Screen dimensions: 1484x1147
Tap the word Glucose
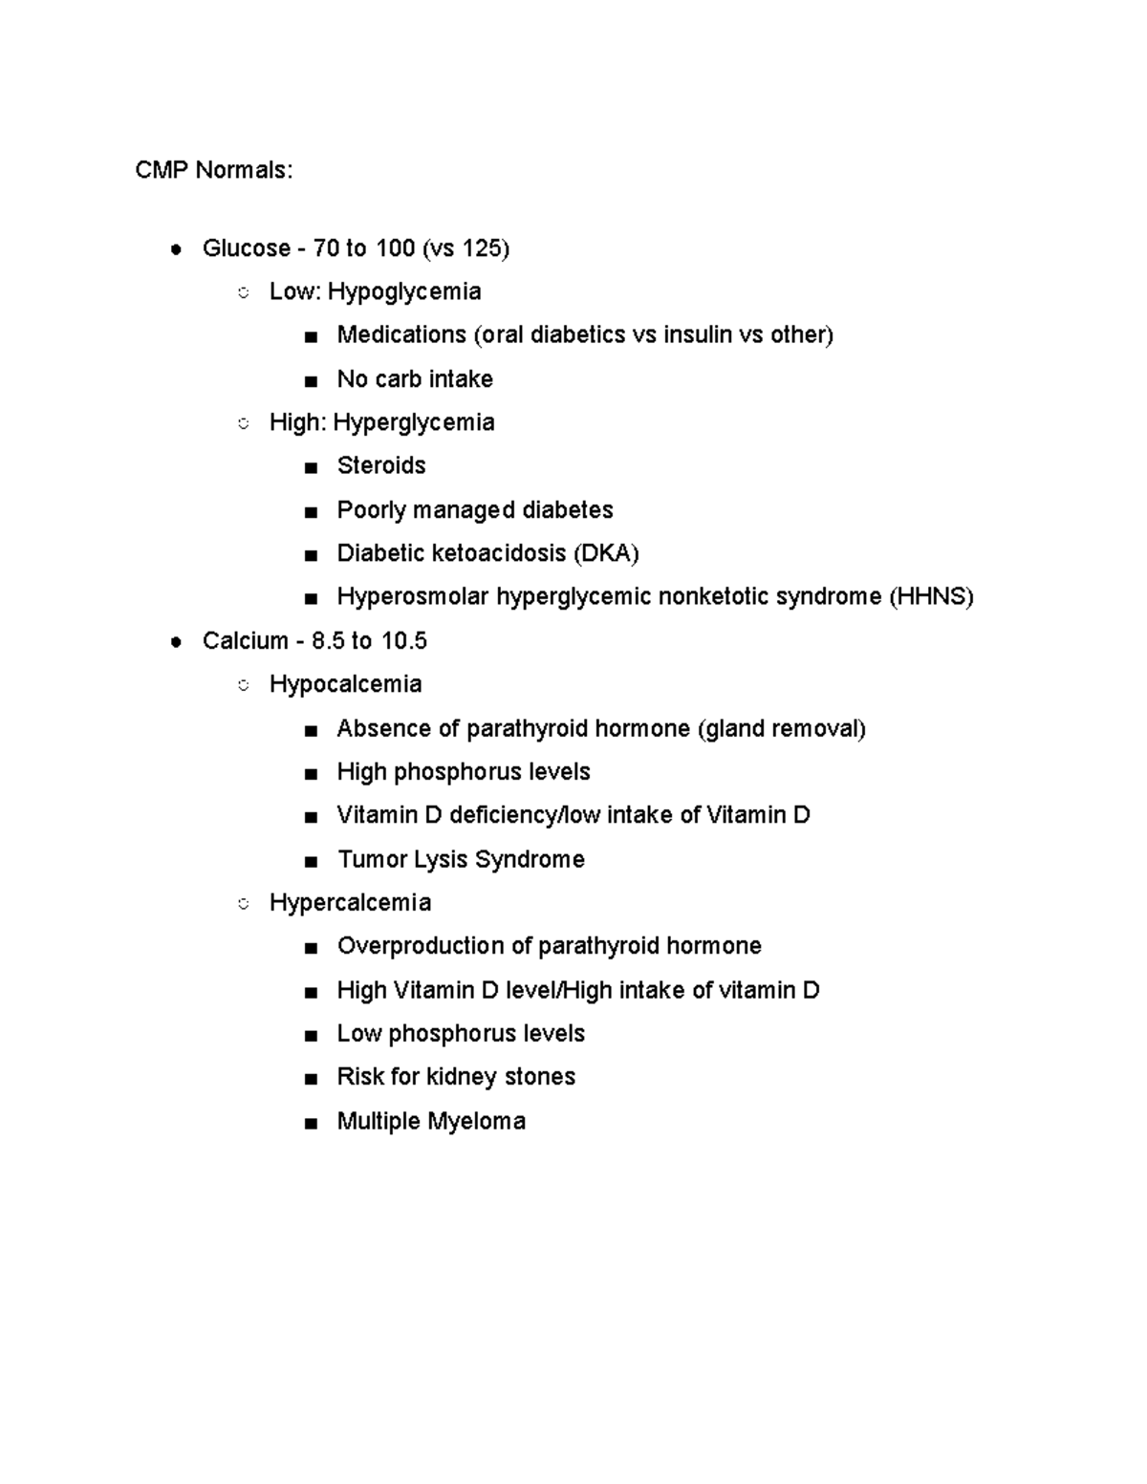click(x=246, y=248)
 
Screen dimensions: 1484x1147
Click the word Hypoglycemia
click(x=404, y=291)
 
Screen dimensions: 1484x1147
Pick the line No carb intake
click(x=415, y=379)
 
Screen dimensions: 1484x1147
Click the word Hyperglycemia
click(x=413, y=422)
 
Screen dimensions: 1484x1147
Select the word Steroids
click(x=381, y=465)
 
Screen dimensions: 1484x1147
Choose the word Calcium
click(x=245, y=640)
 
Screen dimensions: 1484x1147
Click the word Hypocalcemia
click(x=345, y=684)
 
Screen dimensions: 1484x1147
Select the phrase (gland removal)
click(x=782, y=729)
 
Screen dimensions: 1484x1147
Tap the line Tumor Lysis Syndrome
click(x=461, y=859)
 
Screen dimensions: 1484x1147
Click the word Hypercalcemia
click(x=350, y=903)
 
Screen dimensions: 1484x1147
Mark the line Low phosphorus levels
click(x=461, y=1034)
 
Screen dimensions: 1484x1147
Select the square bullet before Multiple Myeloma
click(x=310, y=1123)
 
